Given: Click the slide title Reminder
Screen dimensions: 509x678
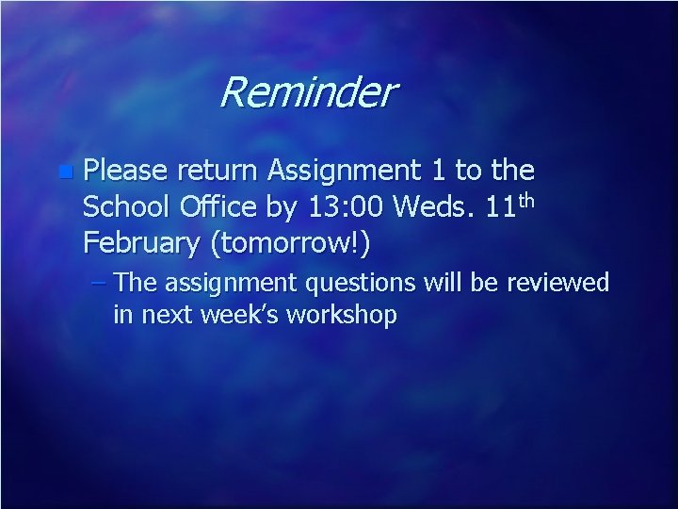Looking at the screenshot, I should click(x=308, y=93).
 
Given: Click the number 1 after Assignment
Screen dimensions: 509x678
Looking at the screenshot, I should click(x=435, y=171).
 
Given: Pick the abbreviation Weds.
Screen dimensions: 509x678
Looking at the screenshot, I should click(x=429, y=206).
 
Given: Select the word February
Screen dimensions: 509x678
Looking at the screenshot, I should click(x=141, y=243).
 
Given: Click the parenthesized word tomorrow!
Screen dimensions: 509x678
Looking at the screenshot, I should click(x=291, y=243).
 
